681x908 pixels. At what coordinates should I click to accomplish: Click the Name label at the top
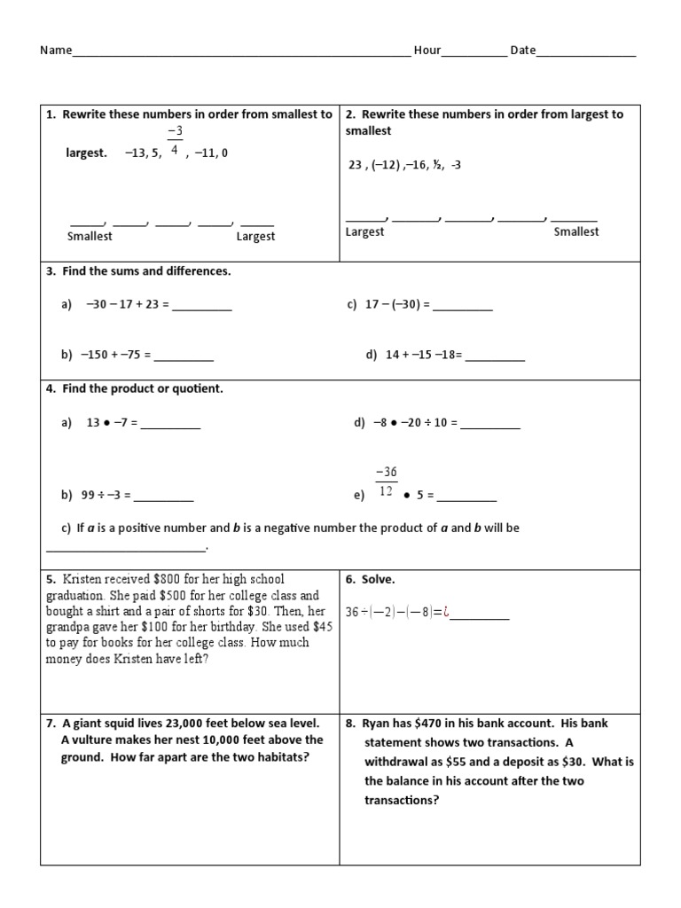point(55,51)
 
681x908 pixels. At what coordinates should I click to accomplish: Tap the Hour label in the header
point(427,51)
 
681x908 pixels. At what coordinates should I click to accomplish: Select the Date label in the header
point(522,51)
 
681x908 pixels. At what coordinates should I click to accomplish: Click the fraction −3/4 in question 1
point(175,141)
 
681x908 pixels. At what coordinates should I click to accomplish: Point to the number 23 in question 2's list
point(356,165)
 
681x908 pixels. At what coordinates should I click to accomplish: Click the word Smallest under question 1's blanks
point(90,237)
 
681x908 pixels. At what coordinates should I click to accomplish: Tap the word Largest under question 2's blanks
point(364,231)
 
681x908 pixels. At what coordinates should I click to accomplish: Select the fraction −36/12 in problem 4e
point(386,481)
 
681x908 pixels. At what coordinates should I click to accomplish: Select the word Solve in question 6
point(379,580)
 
